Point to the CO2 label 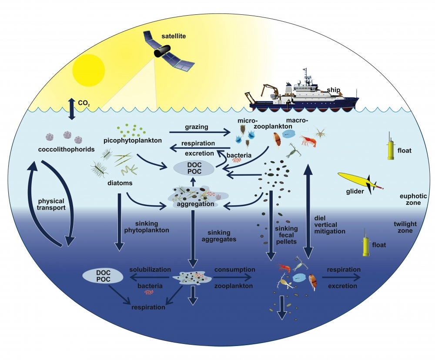84,104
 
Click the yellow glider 360,181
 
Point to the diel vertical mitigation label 329,224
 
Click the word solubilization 150,270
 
